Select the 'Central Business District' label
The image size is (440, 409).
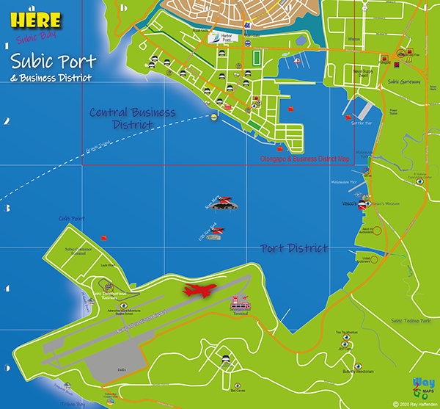pos(132,118)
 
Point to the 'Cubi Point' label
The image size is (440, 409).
pos(73,218)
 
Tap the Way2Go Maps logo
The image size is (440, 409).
pos(423,387)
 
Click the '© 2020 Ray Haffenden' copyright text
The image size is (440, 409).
pos(415,404)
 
